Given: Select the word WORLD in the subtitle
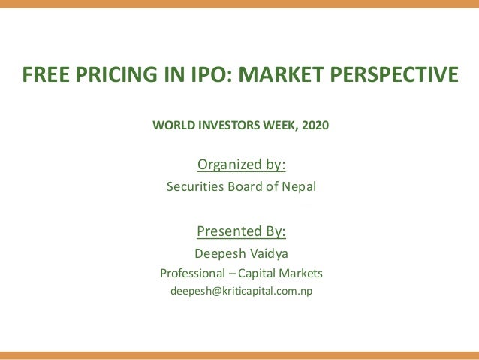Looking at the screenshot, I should tap(172, 125).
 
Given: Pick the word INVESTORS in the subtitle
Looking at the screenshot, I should tap(227, 125).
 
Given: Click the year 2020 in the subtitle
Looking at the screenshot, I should tap(314, 125).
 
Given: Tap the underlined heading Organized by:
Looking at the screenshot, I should tap(241, 164).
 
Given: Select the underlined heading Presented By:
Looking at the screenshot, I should tap(241, 230).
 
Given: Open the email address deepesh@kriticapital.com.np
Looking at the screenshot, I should tap(241, 291).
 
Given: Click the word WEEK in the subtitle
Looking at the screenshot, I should tap(279, 125).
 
